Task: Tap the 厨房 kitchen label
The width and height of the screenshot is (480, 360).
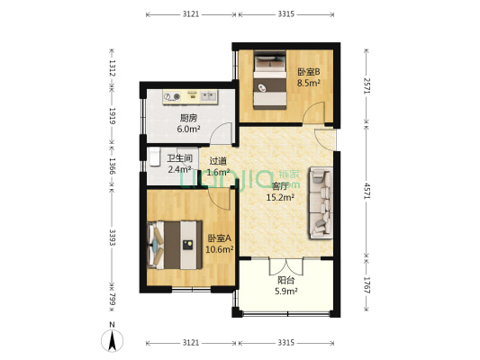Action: [188, 118]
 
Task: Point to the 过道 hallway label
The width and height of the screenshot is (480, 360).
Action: [218, 162]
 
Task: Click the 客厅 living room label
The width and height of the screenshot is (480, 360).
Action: [276, 186]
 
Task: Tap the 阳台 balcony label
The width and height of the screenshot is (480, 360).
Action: [285, 280]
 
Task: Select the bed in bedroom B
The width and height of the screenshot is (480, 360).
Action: [269, 82]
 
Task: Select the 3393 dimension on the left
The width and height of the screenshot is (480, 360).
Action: [111, 238]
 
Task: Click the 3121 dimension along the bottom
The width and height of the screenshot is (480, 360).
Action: [190, 343]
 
